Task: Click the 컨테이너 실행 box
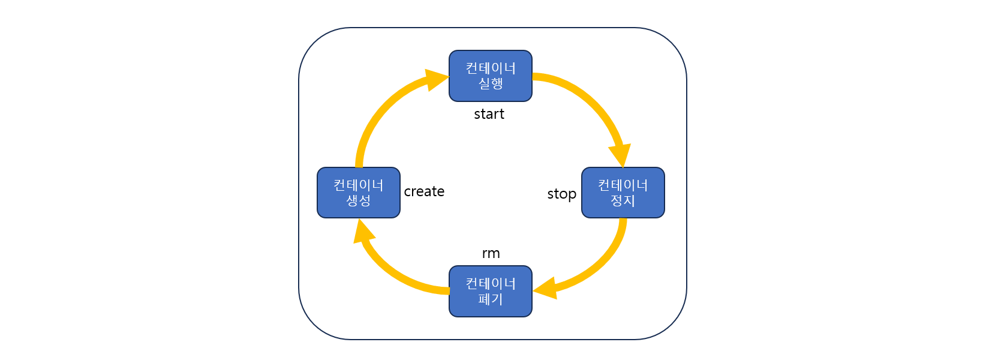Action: click(490, 76)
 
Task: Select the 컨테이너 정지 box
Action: click(623, 193)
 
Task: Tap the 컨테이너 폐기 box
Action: click(490, 291)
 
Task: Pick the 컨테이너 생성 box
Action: click(358, 193)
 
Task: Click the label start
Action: click(489, 114)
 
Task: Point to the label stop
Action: click(561, 194)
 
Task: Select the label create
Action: click(424, 191)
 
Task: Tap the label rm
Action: click(491, 253)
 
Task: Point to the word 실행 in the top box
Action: click(490, 84)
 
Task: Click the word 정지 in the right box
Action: click(623, 201)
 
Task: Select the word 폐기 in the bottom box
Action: click(490, 299)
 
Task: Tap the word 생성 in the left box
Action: click(358, 201)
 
